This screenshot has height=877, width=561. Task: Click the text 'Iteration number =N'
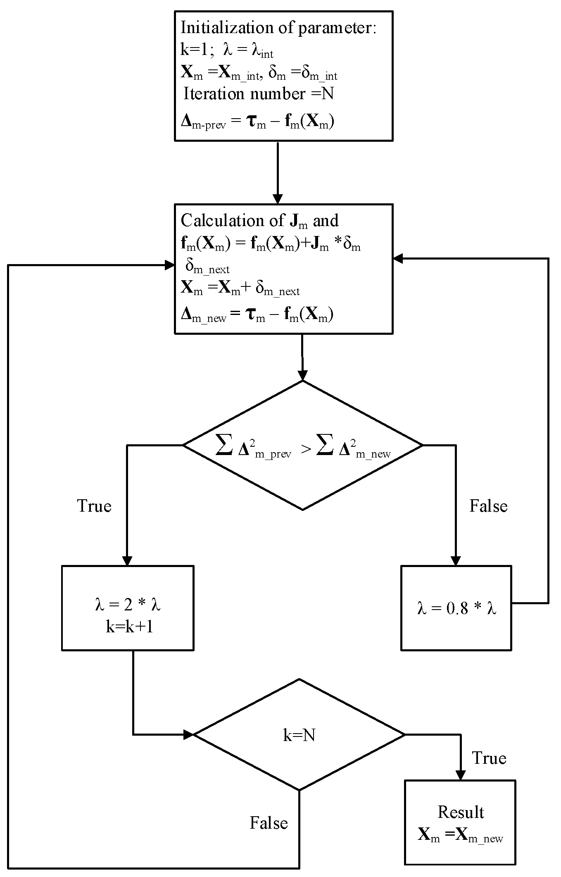[259, 94]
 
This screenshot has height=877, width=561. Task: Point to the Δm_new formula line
[257, 315]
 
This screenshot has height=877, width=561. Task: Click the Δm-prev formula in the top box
[257, 123]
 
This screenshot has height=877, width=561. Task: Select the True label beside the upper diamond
[94, 506]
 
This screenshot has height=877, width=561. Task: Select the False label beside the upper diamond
[488, 506]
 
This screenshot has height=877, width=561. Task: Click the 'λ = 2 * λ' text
[128, 605]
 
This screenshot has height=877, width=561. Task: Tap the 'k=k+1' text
[129, 627]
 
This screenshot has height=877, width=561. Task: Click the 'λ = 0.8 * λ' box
[456, 608]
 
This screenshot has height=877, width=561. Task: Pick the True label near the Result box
[489, 758]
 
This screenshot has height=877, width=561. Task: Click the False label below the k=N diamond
[269, 823]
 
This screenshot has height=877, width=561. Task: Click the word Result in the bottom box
[461, 812]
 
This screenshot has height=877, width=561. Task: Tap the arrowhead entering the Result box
[460, 775]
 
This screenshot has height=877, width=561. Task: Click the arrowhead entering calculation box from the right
[398, 259]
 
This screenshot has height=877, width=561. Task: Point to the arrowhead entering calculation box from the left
[170, 265]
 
